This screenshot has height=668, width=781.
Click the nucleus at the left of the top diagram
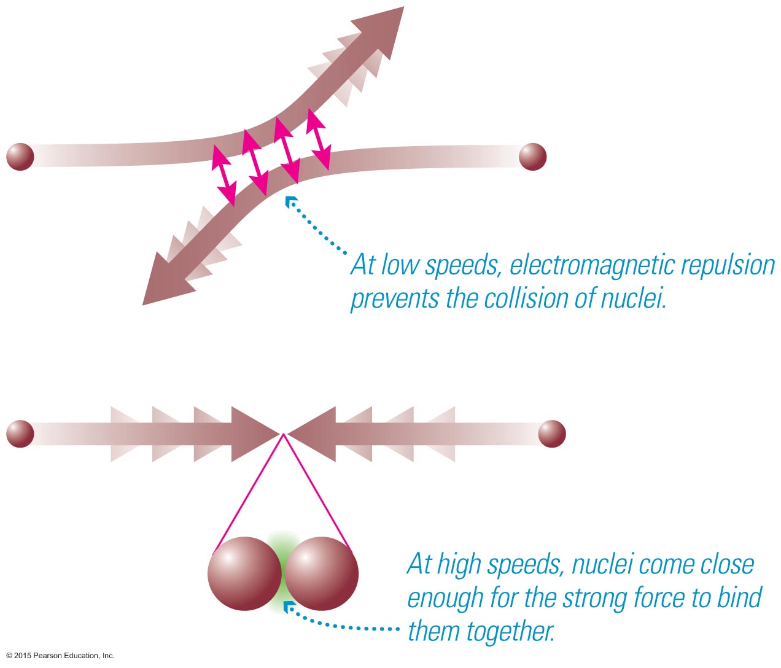click(x=20, y=156)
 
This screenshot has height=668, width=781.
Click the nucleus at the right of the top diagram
click(x=532, y=157)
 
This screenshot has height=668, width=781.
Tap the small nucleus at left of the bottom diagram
click(x=20, y=433)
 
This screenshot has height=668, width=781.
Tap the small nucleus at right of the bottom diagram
click(x=551, y=433)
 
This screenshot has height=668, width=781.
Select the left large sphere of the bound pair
click(x=244, y=573)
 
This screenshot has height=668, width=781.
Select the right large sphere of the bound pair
click(x=321, y=573)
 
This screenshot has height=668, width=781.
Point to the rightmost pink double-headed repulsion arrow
click(x=319, y=139)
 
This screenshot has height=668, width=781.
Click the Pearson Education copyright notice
click(x=60, y=656)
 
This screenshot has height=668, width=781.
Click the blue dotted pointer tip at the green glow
click(x=288, y=607)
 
